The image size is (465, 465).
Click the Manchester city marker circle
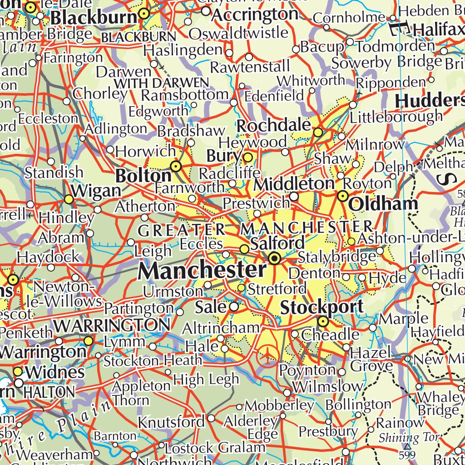[274, 259]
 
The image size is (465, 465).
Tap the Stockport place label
[322, 307]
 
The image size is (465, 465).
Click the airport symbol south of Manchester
[268, 354]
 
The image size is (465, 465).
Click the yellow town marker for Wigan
[69, 199]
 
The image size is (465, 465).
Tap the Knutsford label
[171, 422]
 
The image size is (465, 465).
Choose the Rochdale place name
[274, 126]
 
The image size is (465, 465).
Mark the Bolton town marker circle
[176, 166]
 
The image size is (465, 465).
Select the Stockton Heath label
[153, 361]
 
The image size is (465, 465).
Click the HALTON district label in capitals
[49, 392]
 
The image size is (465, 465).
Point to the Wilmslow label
[328, 387]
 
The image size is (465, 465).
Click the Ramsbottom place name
[184, 95]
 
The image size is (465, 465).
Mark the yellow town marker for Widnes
[18, 371]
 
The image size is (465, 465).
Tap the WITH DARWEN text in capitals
[161, 84]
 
